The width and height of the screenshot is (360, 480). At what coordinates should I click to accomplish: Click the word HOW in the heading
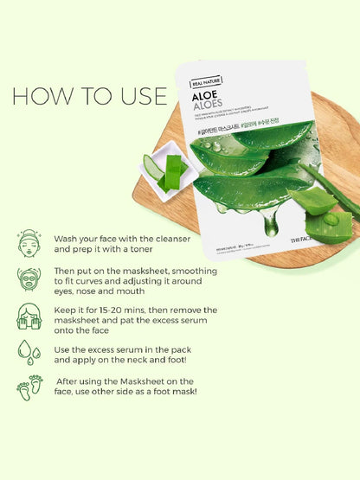click(x=40, y=96)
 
